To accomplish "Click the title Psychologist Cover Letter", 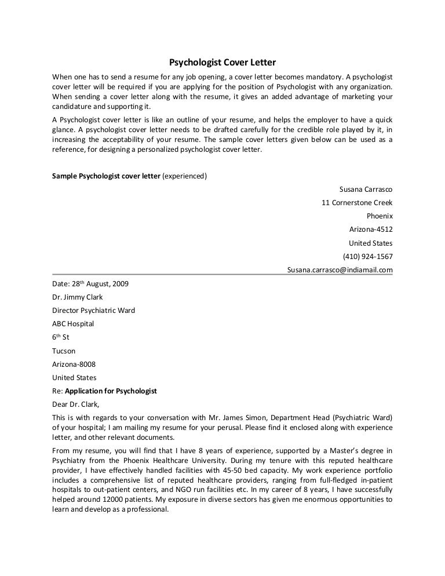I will [222, 63].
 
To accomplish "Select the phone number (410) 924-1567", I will [368, 257].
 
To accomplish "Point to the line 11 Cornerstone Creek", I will [357, 203].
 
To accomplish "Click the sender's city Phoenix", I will [380, 216].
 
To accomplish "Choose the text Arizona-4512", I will [371, 229].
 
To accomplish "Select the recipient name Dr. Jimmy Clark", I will [77, 297].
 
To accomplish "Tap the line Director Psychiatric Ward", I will [93, 311].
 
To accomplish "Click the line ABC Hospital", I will [73, 324].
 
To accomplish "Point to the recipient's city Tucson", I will [64, 351].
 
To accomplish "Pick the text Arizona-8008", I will [74, 364].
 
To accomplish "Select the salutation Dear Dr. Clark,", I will [76, 404].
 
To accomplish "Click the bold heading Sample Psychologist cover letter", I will [106, 176].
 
